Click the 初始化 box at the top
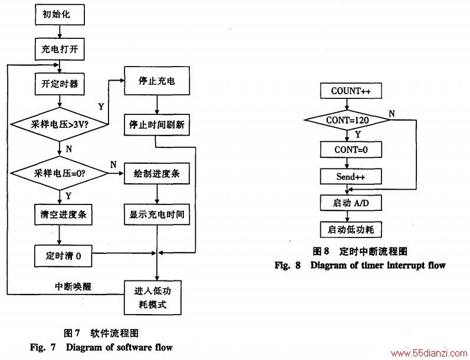[60, 14]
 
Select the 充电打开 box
[60, 49]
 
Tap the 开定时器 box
[60, 84]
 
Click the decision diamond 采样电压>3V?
[60, 124]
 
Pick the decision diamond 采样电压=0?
[60, 173]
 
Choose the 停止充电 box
[157, 81]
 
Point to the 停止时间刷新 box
[157, 124]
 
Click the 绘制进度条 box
[157, 173]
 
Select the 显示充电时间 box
[157, 214]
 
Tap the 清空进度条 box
[63, 214]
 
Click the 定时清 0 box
[63, 256]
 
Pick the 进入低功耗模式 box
[153, 298]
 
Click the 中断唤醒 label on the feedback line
[73, 286]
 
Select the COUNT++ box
[351, 91]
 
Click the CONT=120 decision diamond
[347, 120]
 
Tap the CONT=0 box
[351, 150]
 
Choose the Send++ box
[351, 176]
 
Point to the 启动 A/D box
[351, 203]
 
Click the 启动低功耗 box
[351, 230]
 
